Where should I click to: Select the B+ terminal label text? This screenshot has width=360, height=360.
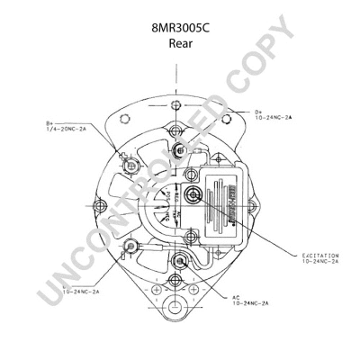(50, 124)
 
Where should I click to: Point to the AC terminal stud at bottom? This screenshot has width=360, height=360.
(182, 263)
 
